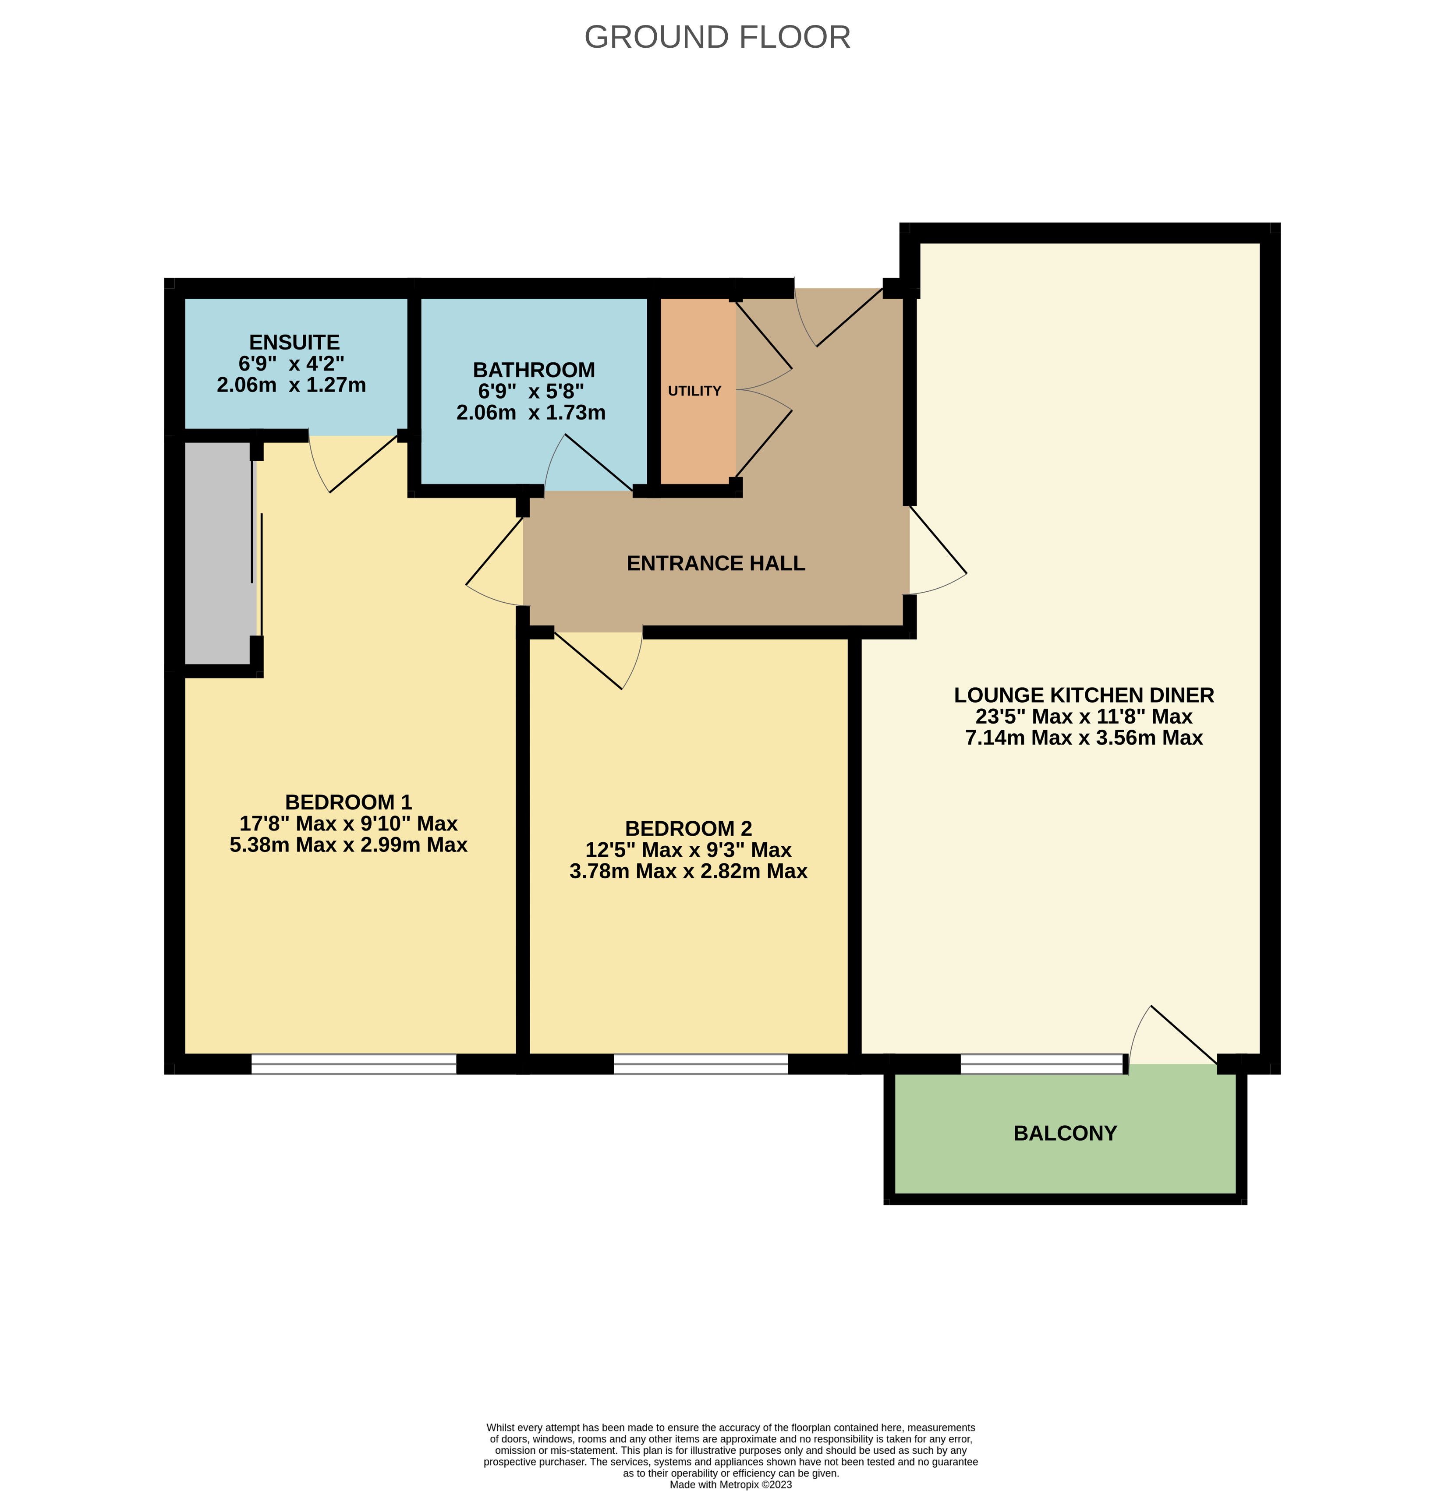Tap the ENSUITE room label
click(x=294, y=343)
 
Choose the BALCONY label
click(x=1065, y=1134)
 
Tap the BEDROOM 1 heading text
click(x=348, y=802)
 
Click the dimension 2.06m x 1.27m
click(x=291, y=385)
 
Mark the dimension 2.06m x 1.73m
click(x=531, y=412)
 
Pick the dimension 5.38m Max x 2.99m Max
click(x=348, y=844)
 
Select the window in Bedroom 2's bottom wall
click(x=701, y=1063)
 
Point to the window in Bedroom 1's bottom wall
click(x=354, y=1063)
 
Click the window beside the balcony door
click(x=1042, y=1063)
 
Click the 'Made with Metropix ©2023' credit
click(x=730, y=1484)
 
